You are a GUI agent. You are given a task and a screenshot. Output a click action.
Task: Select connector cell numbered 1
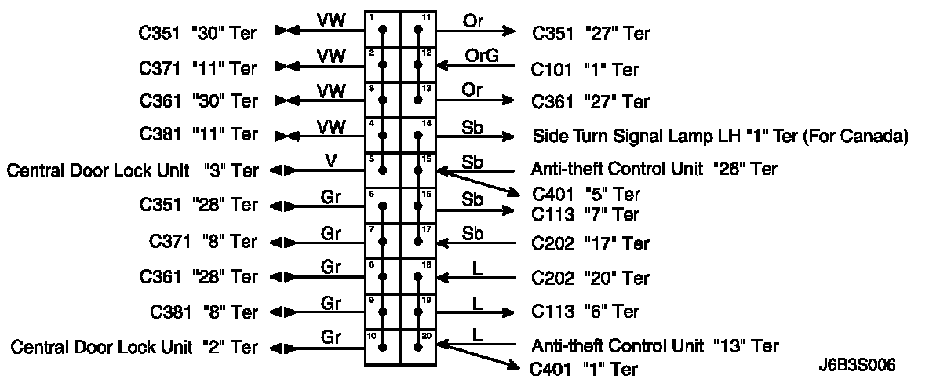coord(382,29)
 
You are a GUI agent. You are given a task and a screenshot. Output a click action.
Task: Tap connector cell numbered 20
coord(417,346)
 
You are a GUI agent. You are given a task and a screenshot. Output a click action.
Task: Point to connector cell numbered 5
coord(382,170)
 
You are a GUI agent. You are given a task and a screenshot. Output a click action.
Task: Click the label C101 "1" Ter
coord(585,69)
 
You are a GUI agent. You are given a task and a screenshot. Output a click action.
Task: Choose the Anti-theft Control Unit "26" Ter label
coord(654,169)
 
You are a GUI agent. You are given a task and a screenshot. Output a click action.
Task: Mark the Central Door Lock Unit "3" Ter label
coord(133,170)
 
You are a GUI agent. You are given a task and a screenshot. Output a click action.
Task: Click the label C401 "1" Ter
coord(585,368)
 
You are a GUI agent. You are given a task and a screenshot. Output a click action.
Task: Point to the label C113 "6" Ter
coord(585,312)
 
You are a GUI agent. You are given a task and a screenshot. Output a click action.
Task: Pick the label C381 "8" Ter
coord(203,312)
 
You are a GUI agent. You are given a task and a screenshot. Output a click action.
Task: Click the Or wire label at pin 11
coord(472,21)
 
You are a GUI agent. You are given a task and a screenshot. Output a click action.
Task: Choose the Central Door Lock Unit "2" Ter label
coord(133,346)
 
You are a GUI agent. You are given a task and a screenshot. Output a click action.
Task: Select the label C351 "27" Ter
coord(590,34)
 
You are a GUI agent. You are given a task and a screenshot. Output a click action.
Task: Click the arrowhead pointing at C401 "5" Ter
coord(515,194)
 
